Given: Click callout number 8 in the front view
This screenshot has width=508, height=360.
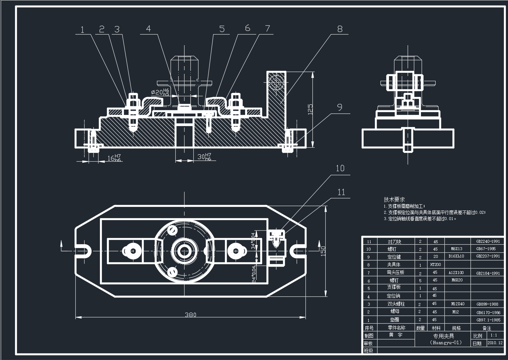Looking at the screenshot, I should (340, 29).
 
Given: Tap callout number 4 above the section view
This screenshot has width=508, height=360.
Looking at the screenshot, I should (149, 29).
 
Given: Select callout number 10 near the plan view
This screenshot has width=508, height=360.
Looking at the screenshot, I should (340, 168).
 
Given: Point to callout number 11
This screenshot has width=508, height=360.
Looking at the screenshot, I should (341, 192).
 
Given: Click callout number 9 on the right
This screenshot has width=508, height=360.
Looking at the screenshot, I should (340, 107).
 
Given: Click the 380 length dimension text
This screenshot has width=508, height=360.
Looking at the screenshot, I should (190, 314).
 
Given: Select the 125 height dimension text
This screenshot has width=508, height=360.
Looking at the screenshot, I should (310, 109).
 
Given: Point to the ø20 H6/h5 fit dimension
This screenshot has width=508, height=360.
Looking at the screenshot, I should (160, 92).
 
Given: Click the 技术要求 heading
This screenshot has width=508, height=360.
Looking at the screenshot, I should (394, 199).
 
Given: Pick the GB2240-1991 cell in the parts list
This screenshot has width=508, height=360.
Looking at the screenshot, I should (488, 242).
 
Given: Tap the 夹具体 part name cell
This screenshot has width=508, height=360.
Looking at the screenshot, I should (394, 264).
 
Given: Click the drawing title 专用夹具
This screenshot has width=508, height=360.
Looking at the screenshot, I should (443, 336).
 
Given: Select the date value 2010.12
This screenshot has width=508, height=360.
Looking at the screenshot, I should (495, 343).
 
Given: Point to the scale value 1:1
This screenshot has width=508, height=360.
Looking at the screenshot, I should (494, 335).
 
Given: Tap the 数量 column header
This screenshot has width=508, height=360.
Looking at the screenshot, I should (420, 328).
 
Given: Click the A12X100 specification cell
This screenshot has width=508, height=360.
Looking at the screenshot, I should (456, 273).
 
